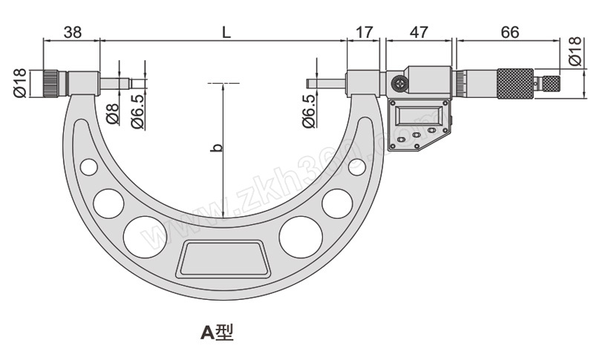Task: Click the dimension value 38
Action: (x=72, y=32)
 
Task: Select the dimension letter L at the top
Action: (x=226, y=32)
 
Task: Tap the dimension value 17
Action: (x=364, y=32)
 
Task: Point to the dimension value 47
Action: (x=419, y=32)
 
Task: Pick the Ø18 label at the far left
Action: (x=20, y=82)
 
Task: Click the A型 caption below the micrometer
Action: (x=217, y=332)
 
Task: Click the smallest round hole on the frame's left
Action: (x=88, y=167)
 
